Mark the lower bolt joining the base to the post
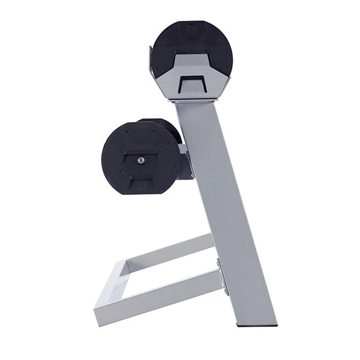click(x=225, y=292)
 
